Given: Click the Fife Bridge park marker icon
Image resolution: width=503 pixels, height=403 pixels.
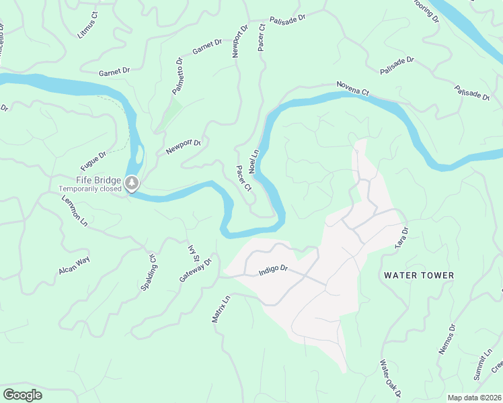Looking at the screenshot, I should [x=132, y=182].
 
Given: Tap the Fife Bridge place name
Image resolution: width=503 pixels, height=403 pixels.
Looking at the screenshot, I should [x=98, y=180].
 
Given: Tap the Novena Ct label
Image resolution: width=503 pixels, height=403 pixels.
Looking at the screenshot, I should [x=354, y=88].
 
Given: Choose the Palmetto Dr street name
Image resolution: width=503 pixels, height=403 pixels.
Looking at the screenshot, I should [x=178, y=76].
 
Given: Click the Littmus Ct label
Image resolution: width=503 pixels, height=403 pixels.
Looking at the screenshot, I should [x=87, y=25].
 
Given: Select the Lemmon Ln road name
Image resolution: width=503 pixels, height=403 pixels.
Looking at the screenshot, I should [x=75, y=210].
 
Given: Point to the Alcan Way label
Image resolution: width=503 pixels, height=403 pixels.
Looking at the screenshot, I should [x=74, y=265].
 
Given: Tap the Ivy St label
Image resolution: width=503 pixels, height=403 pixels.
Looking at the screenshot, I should [x=192, y=253].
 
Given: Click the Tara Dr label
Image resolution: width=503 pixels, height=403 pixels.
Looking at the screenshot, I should [x=402, y=238].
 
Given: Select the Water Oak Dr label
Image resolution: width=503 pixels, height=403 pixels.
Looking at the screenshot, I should [x=389, y=377].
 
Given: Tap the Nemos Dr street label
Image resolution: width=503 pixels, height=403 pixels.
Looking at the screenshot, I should [x=447, y=339].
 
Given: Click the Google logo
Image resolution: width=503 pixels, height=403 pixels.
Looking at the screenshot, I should [x=22, y=395].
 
